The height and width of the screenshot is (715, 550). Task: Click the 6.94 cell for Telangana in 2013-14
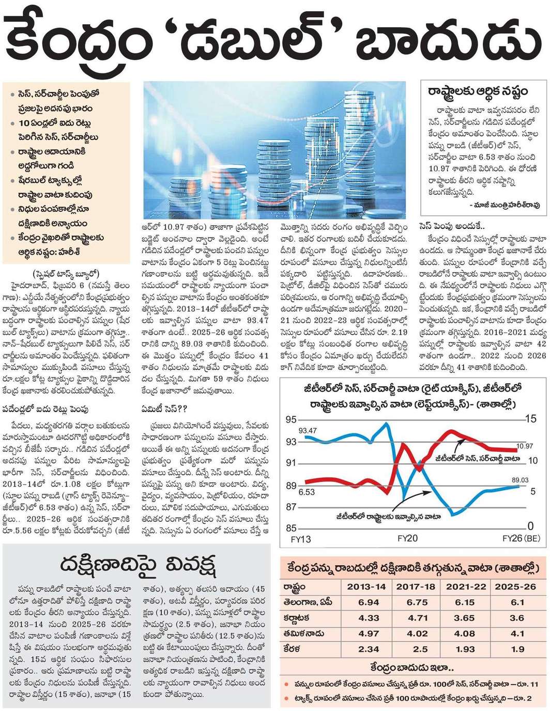368,602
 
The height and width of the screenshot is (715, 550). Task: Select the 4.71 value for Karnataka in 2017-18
418,618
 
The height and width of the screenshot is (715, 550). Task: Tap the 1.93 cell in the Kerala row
464,649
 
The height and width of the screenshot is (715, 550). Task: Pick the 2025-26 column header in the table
515,587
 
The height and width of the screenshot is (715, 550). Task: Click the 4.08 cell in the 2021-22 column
464,633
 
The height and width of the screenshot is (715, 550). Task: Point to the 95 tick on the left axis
291,419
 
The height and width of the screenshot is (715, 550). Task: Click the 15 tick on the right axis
530,418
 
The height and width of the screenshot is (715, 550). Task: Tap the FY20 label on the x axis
407,538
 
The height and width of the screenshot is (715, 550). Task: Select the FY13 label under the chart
301,539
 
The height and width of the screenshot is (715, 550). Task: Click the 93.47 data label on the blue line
308,430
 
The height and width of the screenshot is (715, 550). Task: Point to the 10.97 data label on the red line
525,446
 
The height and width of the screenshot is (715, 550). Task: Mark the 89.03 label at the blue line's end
520,480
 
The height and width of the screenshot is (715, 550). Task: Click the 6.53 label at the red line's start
307,492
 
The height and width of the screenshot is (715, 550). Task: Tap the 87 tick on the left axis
291,507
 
